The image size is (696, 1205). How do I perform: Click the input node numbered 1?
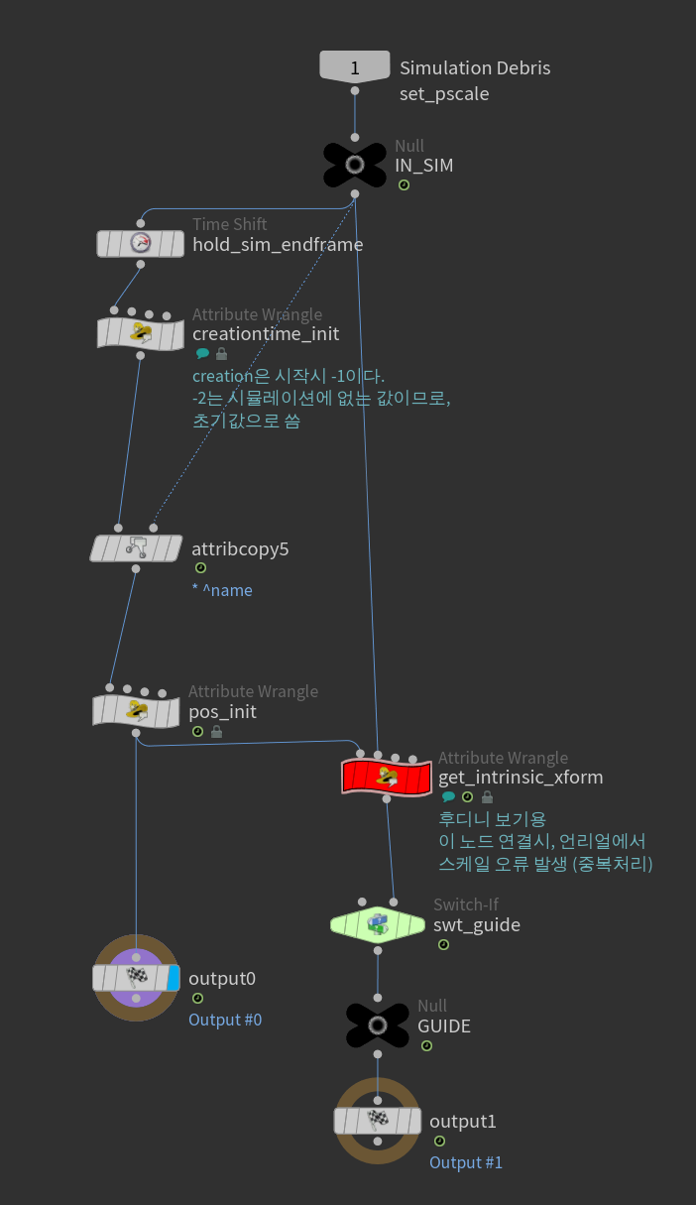coord(354,67)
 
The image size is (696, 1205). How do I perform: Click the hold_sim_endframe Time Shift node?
coord(140,243)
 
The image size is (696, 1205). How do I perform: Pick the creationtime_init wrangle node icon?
coord(140,332)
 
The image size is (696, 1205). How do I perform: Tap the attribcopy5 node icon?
coord(138,547)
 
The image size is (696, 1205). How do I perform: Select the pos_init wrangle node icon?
coord(135,710)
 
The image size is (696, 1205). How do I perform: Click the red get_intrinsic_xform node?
coord(387,776)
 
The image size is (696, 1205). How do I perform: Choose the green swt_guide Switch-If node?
coord(377,924)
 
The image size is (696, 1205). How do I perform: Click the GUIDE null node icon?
coord(378,1025)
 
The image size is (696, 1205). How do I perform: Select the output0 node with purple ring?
coord(136,978)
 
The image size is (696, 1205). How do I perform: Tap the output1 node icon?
coord(377,1121)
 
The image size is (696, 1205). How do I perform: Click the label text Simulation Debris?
coord(475,68)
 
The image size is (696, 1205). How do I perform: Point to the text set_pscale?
coord(444,94)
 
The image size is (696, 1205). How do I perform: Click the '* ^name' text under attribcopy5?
coord(222,591)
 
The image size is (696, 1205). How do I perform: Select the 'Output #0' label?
coord(225,1020)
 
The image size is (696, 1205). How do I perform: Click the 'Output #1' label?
coord(466,1162)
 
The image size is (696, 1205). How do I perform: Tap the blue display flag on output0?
coord(174,978)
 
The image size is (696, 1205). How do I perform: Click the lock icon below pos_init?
coord(216,732)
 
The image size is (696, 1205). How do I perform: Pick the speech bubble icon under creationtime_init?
coord(202,354)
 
